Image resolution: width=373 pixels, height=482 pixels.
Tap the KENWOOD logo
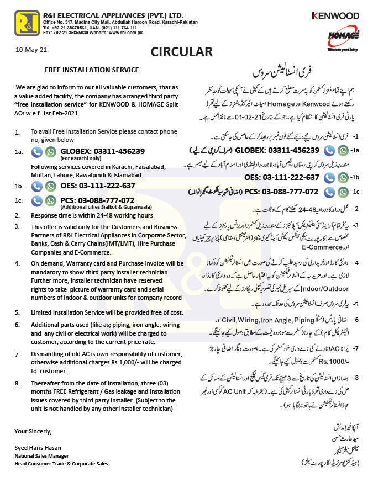pos(335,16)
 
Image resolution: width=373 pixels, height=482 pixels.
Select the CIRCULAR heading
pos(181,52)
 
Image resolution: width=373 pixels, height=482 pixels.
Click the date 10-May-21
pos(32,50)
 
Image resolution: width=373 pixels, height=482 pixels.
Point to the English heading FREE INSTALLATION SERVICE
pos(92,70)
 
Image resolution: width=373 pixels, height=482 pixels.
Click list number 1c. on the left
pos(19,201)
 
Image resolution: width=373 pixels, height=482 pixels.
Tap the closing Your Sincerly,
pos(33,431)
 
